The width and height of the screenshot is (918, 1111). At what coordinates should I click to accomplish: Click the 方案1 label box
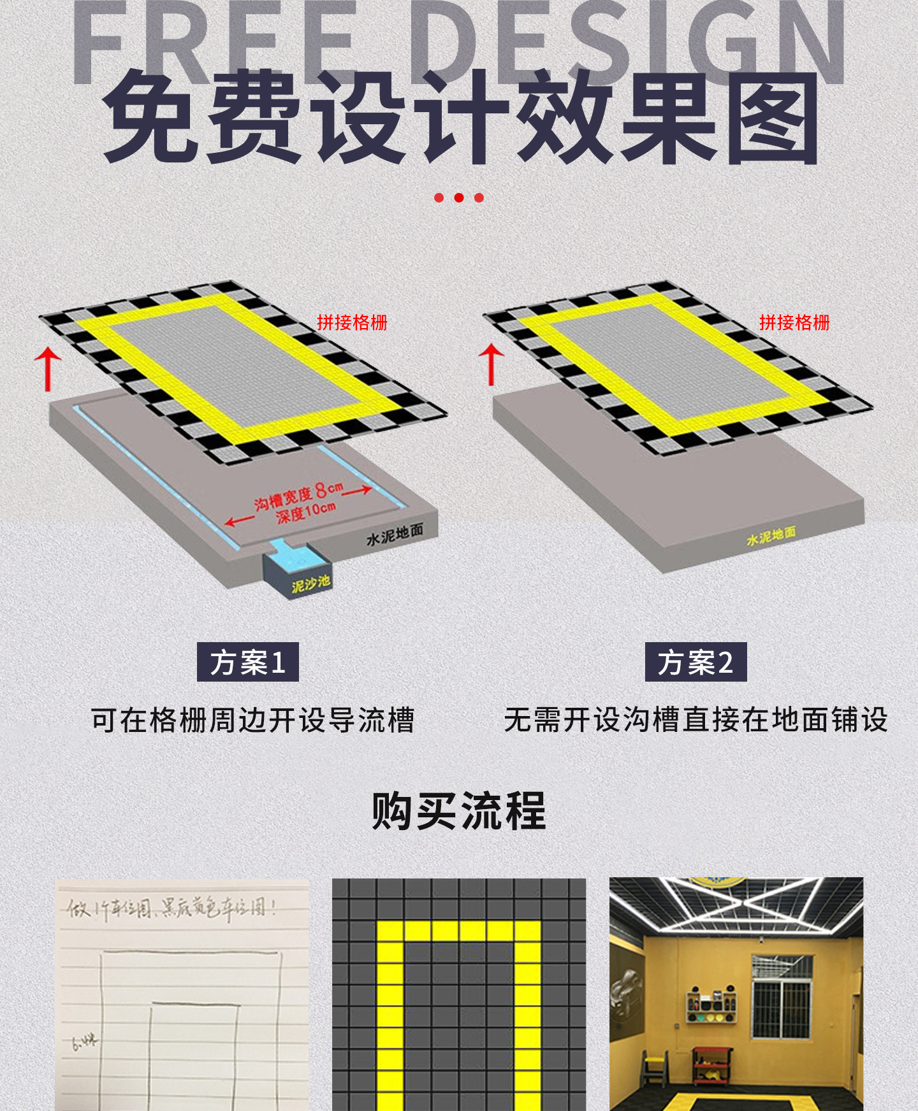pyautogui.click(x=247, y=663)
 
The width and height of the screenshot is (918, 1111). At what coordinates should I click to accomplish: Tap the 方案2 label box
pyautogui.click(x=696, y=663)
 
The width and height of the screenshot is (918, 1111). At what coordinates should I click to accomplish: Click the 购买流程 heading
pyautogui.click(x=459, y=812)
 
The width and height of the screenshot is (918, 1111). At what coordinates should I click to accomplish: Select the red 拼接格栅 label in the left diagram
pyautogui.click(x=352, y=322)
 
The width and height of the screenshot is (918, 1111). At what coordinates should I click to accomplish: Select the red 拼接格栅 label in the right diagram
pyautogui.click(x=794, y=322)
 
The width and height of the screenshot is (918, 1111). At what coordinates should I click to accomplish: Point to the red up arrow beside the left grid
pyautogui.click(x=47, y=368)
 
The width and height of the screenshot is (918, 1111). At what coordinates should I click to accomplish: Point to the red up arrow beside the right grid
pyautogui.click(x=491, y=364)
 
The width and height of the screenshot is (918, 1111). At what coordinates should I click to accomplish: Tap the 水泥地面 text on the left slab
pyautogui.click(x=395, y=535)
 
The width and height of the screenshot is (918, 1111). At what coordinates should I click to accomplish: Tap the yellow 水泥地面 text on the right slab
pyautogui.click(x=771, y=536)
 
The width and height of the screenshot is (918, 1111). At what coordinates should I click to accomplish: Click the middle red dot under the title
pyautogui.click(x=459, y=197)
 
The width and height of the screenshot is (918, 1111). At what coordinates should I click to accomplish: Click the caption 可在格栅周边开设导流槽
pyautogui.click(x=252, y=720)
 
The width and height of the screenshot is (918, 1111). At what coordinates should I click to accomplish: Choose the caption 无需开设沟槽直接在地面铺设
pyautogui.click(x=696, y=720)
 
